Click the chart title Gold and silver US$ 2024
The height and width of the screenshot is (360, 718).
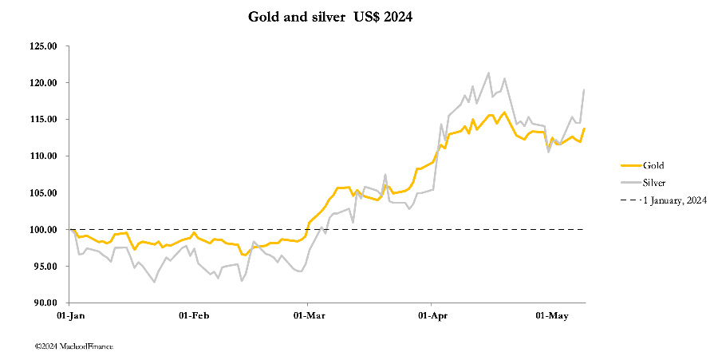tap(330, 17)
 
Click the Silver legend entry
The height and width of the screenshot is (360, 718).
tap(655, 183)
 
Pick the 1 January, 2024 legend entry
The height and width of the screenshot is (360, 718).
tap(674, 200)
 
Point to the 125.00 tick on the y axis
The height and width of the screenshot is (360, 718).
tap(41, 46)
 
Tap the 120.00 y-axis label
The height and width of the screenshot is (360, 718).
tap(41, 83)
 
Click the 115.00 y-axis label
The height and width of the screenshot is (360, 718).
tap(41, 120)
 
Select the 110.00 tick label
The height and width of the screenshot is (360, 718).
tap(41, 156)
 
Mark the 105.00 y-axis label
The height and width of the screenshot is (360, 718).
tap(41, 193)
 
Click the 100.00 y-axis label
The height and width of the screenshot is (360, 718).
tap(41, 230)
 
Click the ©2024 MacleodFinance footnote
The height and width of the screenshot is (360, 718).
tap(73, 346)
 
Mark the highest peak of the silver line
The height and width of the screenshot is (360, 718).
tap(488, 73)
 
